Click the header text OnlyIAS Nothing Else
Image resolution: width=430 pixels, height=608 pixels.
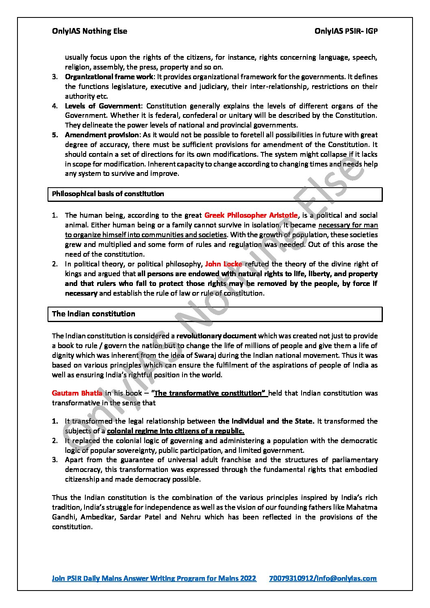click(x=89, y=31)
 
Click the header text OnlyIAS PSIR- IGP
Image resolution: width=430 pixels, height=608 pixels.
click(x=346, y=31)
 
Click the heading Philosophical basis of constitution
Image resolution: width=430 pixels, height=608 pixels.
click(x=108, y=194)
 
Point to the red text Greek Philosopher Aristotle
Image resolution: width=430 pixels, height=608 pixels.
click(x=251, y=215)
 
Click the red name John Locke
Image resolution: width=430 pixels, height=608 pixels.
click(x=224, y=264)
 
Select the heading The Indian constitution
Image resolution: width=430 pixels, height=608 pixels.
click(x=93, y=314)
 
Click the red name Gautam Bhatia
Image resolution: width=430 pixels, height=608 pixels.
click(x=77, y=393)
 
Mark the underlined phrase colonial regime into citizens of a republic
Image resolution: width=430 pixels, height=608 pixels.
click(x=176, y=431)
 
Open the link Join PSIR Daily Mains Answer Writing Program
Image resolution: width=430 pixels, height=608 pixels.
click(x=154, y=578)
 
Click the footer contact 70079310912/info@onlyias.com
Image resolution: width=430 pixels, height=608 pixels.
click(x=323, y=578)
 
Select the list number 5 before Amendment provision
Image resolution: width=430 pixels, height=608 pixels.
click(x=55, y=135)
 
